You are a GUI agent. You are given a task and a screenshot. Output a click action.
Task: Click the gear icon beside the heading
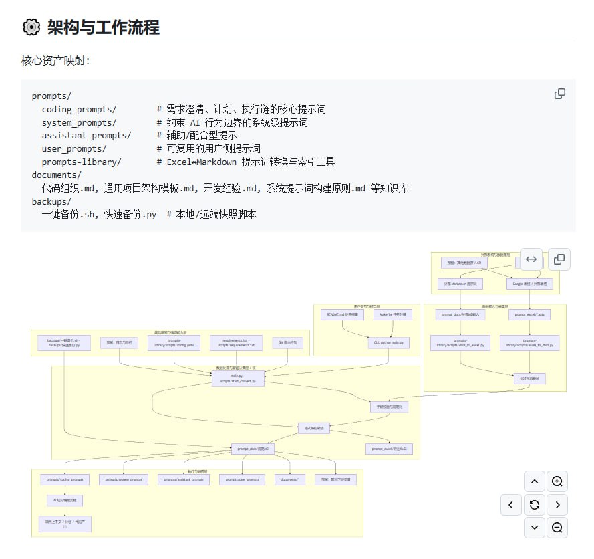click(31, 27)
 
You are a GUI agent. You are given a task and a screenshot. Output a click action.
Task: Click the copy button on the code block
click(560, 94)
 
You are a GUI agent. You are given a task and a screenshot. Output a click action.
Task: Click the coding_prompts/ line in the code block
click(79, 109)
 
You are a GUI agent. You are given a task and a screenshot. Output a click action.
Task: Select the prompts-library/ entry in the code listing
click(82, 162)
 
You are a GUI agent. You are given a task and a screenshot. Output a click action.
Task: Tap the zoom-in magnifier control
click(557, 481)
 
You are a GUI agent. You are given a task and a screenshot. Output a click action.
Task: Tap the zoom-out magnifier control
click(557, 528)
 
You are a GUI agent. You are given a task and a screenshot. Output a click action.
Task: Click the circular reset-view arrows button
click(534, 505)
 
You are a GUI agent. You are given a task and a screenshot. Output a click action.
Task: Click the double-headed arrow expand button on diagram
click(531, 259)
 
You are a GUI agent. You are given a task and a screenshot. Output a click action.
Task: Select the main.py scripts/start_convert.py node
click(238, 379)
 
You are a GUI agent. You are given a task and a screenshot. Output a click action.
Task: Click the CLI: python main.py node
click(389, 342)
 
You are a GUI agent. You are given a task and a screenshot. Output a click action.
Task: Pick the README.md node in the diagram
click(342, 314)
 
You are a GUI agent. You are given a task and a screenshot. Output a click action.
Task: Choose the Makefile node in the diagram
click(396, 314)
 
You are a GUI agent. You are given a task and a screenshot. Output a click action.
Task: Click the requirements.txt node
click(232, 342)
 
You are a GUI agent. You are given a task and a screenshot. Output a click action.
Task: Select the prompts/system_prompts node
click(124, 479)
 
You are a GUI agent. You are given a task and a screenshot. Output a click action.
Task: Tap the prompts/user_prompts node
click(242, 479)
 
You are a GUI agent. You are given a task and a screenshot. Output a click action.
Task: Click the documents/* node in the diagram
click(289, 479)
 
